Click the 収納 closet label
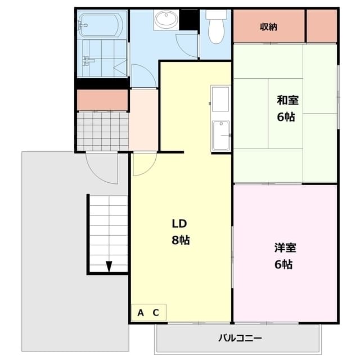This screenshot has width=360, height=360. (x=268, y=27)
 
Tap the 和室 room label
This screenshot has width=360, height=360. (x=287, y=100)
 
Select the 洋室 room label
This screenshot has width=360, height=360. (x=285, y=247)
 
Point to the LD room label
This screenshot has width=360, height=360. (x=179, y=223)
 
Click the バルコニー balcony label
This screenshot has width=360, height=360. (x=240, y=338)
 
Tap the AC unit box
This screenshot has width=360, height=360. (x=148, y=313)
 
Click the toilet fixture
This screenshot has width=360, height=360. (x=216, y=27)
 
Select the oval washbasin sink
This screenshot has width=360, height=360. (x=166, y=19)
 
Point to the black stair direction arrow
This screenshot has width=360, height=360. (x=109, y=266)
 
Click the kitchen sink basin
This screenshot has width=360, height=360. (x=221, y=135)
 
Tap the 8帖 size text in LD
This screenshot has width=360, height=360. (x=181, y=240)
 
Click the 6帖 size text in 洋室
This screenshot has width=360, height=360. (x=283, y=264)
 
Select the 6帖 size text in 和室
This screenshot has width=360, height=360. (x=286, y=117)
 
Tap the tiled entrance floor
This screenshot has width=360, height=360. (x=102, y=131)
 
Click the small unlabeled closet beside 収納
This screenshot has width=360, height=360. (x=322, y=26)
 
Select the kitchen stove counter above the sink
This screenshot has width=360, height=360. (x=220, y=99)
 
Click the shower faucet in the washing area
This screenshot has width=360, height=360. (x=88, y=61)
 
